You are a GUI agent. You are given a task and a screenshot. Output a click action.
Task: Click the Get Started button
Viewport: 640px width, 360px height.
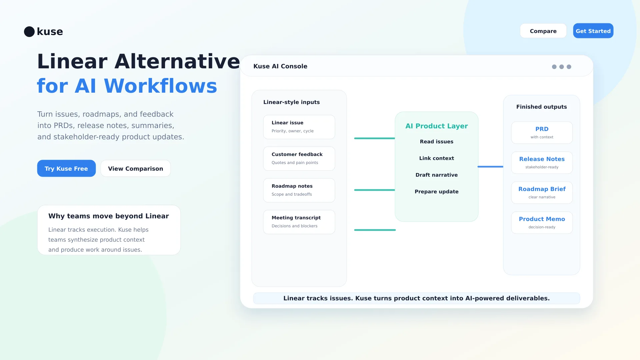point(593,31)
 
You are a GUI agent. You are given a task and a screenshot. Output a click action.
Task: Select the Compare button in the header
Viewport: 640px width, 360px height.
point(543,31)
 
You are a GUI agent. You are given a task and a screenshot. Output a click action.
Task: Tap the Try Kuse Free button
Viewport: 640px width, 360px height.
point(66,168)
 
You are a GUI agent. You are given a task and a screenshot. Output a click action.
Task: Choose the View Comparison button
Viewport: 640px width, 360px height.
point(135,168)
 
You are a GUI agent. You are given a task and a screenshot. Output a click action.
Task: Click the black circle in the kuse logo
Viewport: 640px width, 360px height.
point(29,32)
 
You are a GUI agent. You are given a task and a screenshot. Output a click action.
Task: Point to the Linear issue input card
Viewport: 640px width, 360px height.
point(299,127)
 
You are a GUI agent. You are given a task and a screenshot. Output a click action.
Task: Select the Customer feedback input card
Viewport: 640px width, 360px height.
point(299,159)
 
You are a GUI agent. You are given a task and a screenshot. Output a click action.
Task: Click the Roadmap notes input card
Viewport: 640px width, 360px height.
point(299,190)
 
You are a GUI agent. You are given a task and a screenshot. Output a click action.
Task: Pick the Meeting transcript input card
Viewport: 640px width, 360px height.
point(299,222)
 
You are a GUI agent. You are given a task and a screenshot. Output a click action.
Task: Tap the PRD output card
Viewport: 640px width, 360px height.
point(542,133)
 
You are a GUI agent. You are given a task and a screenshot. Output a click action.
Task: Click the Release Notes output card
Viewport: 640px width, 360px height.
point(542,163)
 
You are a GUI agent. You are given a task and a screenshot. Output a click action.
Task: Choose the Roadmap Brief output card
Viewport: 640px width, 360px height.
point(542,193)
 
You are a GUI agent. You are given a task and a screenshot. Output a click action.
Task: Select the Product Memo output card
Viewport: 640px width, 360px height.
point(542,223)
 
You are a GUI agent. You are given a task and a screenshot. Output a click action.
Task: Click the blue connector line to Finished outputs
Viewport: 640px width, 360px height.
point(490,167)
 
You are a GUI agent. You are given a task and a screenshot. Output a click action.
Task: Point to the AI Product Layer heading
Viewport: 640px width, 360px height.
point(436,126)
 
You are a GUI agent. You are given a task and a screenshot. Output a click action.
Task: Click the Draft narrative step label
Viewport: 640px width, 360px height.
point(436,175)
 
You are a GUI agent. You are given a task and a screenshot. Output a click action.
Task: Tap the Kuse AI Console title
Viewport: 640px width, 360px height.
point(280,66)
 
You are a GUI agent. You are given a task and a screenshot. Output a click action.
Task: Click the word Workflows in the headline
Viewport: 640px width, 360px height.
point(160,86)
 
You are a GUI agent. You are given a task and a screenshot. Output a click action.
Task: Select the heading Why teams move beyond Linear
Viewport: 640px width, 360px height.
point(108,216)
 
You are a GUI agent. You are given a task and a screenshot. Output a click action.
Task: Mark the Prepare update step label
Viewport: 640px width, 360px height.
point(436,192)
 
